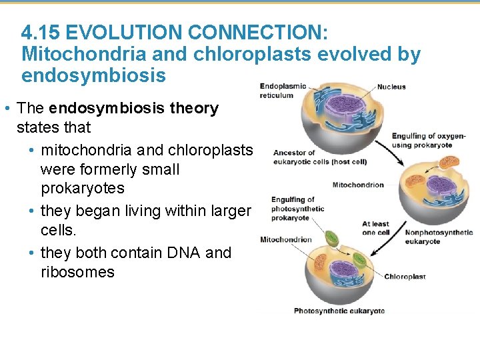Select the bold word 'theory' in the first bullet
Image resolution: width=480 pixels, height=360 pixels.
194,108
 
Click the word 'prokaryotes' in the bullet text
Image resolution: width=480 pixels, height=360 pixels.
82,188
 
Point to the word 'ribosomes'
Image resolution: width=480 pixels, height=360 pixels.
77,272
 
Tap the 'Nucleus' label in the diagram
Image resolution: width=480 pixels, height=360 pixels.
391,87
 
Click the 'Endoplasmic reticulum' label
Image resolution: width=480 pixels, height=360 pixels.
283,91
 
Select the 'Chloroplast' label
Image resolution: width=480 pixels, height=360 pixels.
405,277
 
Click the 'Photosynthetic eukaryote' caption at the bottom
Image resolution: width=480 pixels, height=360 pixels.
339,311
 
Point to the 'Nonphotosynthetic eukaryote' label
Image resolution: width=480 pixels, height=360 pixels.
439,237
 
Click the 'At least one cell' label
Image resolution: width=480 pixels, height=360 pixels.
375,228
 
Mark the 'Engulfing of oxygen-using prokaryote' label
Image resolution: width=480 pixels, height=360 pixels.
422,141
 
